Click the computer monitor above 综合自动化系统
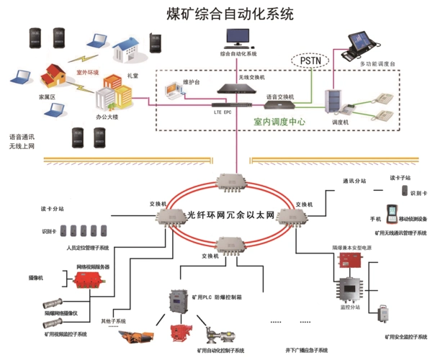[238, 38]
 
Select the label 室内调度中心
[279, 122]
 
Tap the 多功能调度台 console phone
[364, 45]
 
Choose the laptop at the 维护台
[175, 91]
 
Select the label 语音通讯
[22, 136]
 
